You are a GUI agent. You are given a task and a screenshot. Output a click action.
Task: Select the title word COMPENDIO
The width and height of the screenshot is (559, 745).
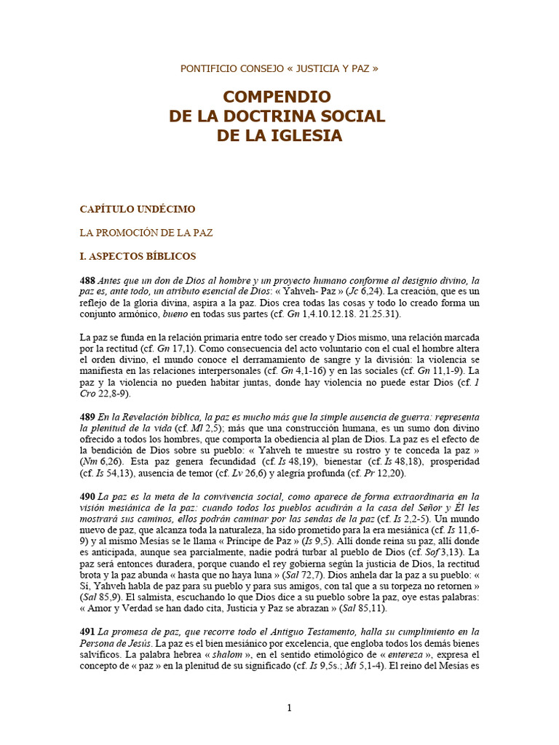click(x=277, y=97)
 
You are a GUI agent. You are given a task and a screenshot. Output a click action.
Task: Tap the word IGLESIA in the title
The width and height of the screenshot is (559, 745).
click(x=298, y=135)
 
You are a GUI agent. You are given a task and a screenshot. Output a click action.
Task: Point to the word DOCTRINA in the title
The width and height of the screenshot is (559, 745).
click(x=281, y=116)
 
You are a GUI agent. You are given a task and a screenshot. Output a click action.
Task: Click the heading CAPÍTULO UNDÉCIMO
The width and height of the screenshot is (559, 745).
click(x=138, y=209)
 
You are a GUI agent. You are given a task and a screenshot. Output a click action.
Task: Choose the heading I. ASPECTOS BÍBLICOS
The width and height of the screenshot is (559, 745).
click(x=138, y=256)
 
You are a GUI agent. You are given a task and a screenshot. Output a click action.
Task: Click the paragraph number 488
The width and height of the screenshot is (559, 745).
click(x=87, y=280)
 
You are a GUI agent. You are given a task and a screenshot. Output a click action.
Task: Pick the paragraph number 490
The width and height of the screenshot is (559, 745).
click(x=87, y=496)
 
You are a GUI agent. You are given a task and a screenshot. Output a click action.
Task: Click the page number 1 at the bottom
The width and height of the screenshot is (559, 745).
click(x=289, y=709)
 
